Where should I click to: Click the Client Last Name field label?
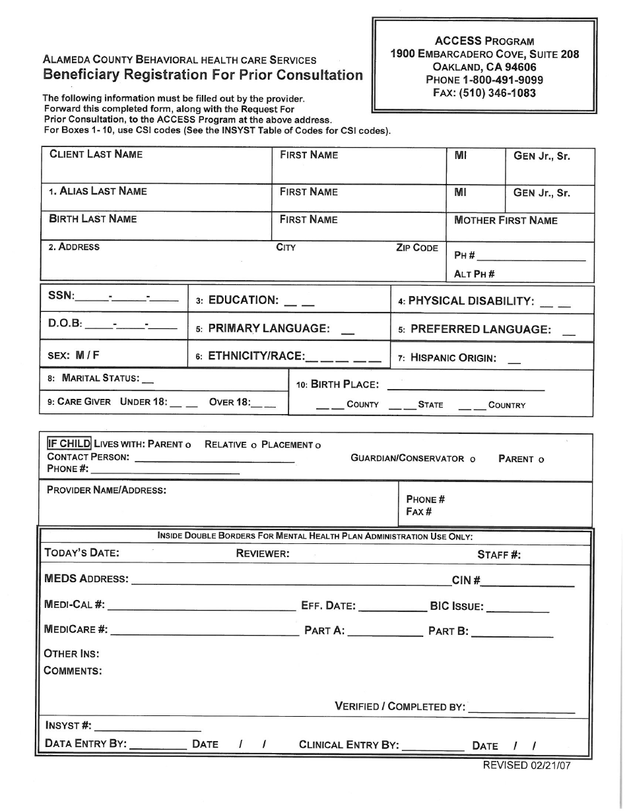pyautogui.click(x=96, y=154)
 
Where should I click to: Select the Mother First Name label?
pyautogui.click(x=506, y=220)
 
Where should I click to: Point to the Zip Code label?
pyautogui.click(x=416, y=248)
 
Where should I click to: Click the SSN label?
pyautogui.click(x=61, y=296)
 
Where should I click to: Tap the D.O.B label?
pyautogui.click(x=65, y=324)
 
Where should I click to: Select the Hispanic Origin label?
pyautogui.click(x=447, y=358)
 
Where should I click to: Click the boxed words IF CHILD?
pyautogui.click(x=69, y=444)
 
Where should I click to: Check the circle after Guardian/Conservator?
pyautogui.click(x=473, y=460)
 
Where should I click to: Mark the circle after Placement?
pyautogui.click(x=318, y=446)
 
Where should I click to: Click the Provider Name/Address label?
pyautogui.click(x=106, y=490)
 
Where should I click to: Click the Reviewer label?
pyautogui.click(x=263, y=554)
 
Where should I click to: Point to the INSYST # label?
pyautogui.click(x=68, y=725)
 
